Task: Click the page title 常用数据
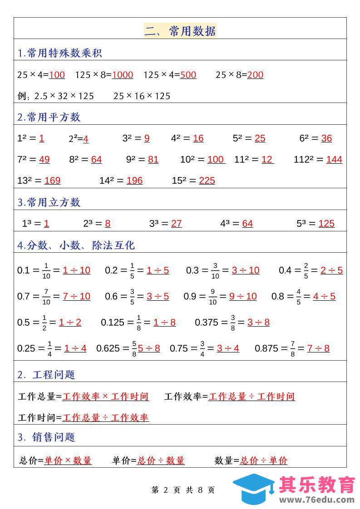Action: tap(180, 31)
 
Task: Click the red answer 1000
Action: tap(123, 75)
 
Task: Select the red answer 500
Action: tap(188, 75)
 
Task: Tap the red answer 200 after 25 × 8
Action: tap(255, 75)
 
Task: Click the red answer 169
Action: tap(52, 181)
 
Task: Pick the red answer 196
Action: tap(134, 181)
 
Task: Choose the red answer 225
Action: tap(207, 181)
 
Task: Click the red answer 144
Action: tap(334, 159)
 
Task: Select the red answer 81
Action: tap(153, 159)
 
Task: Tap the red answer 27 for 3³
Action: tap(177, 223)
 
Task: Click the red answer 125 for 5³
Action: tap(326, 223)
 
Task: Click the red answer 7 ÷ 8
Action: tap(318, 348)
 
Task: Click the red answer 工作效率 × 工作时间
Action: tap(105, 396)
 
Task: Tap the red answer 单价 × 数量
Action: tap(68, 460)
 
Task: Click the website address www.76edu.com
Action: tap(317, 500)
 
